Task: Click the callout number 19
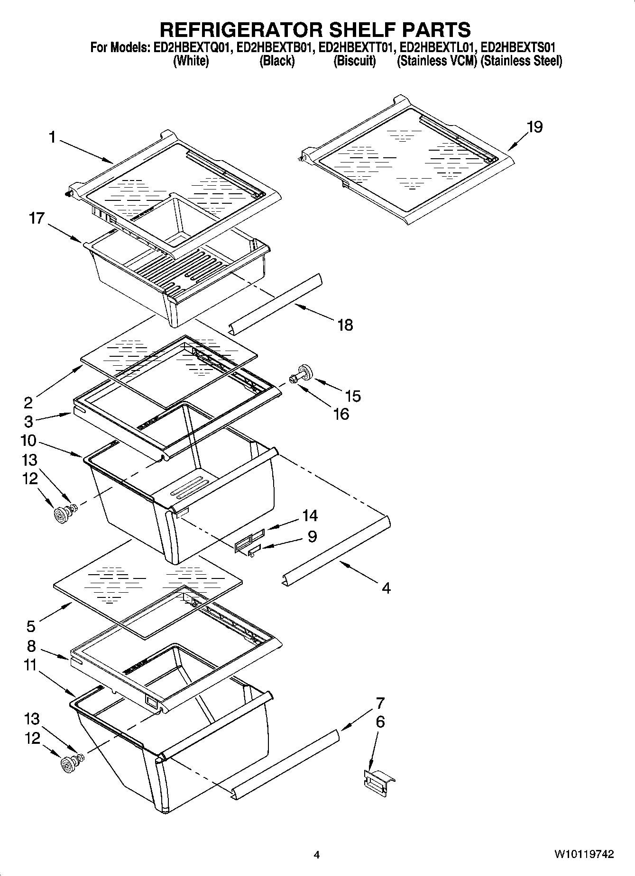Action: click(x=534, y=127)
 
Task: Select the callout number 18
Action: click(x=345, y=325)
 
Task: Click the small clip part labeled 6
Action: click(x=378, y=780)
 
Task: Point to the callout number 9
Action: click(x=312, y=536)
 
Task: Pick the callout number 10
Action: click(x=28, y=441)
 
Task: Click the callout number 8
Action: click(x=31, y=646)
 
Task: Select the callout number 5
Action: click(x=31, y=626)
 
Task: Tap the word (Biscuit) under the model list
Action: click(x=354, y=61)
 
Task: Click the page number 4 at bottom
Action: click(x=317, y=855)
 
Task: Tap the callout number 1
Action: click(x=52, y=137)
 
